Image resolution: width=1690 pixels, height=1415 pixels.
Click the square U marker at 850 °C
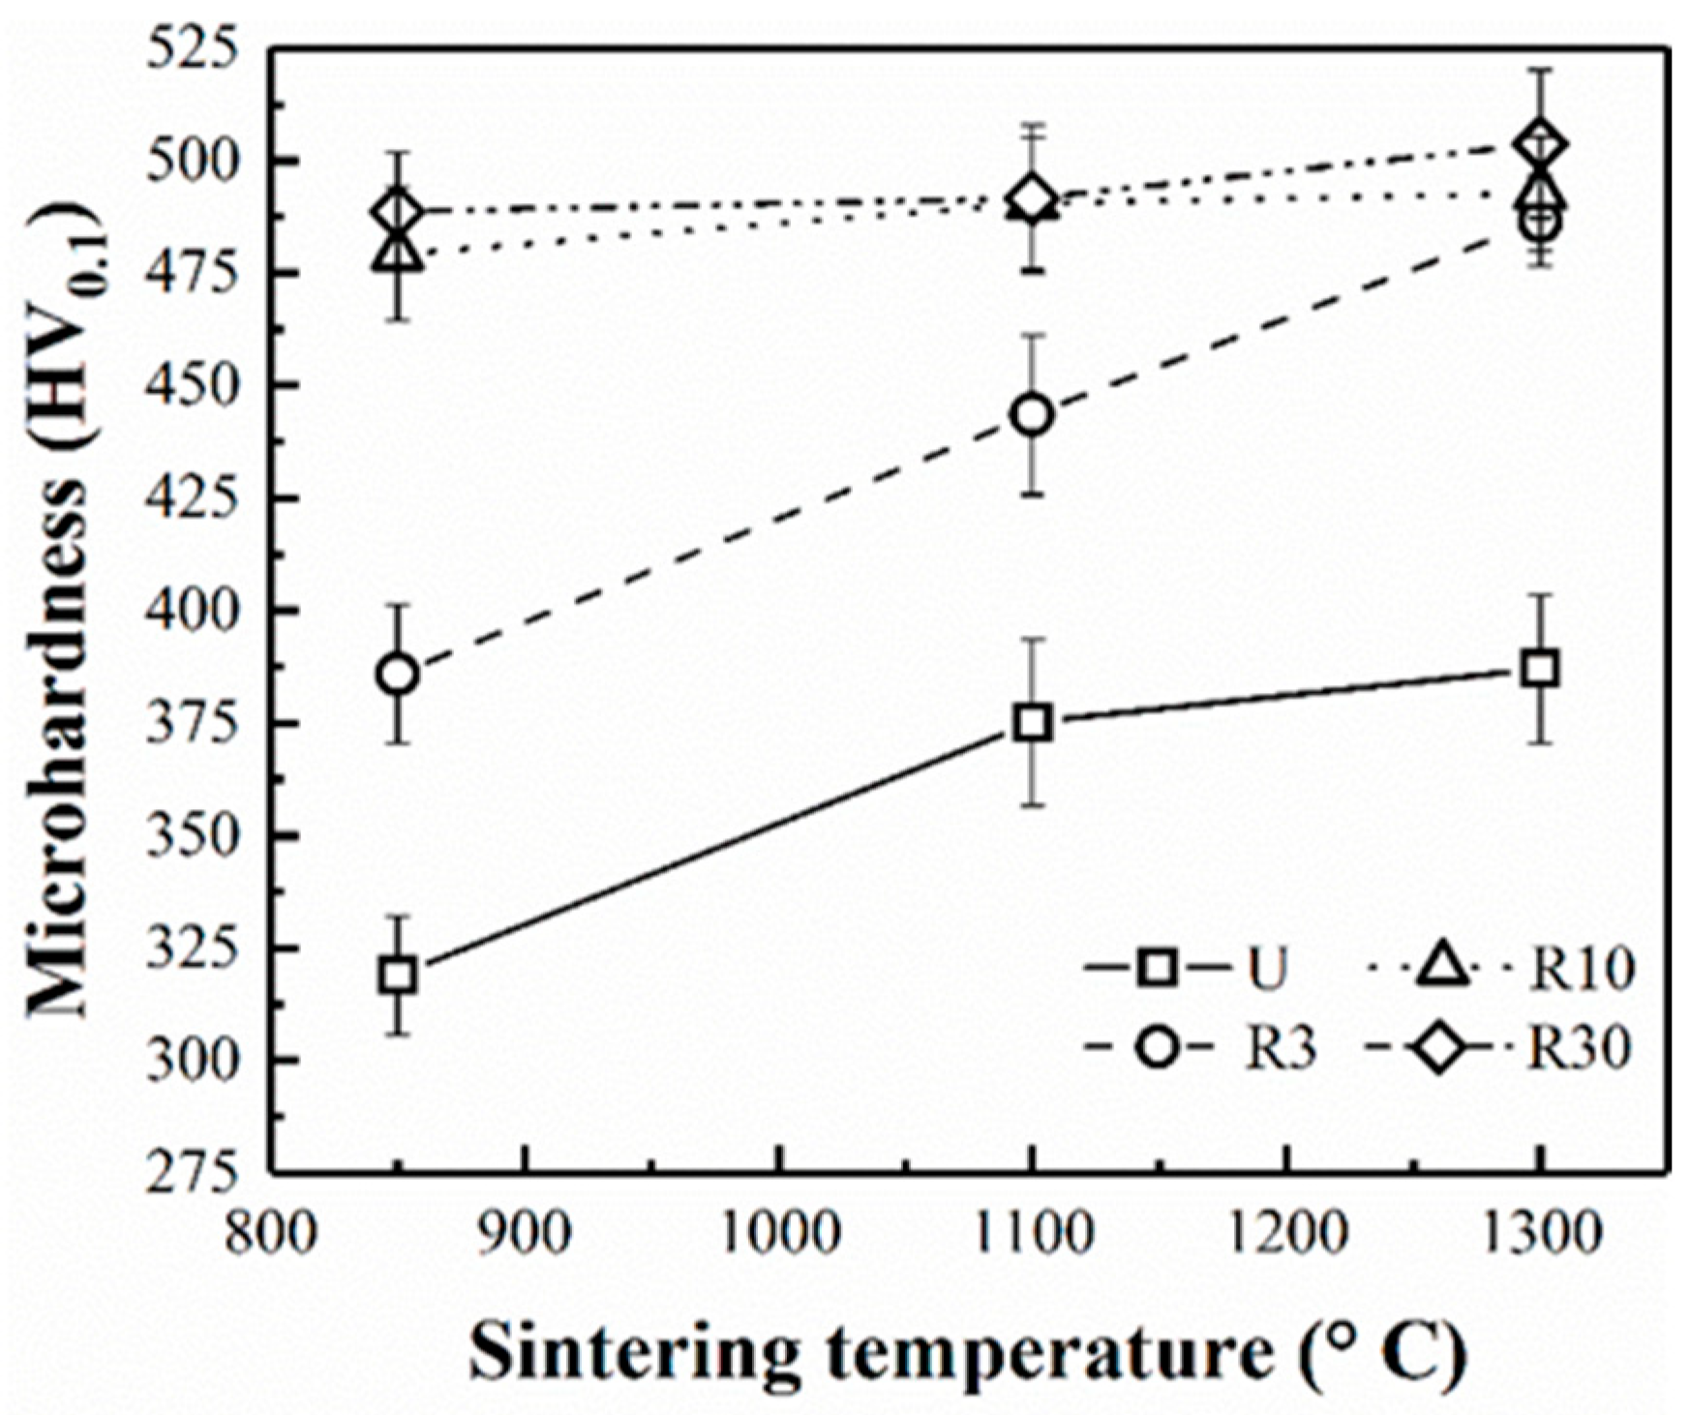[398, 976]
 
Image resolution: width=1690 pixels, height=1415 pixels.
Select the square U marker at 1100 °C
[1033, 723]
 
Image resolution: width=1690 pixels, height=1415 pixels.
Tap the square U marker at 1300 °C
[1539, 670]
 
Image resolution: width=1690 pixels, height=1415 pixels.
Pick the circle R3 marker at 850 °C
[398, 675]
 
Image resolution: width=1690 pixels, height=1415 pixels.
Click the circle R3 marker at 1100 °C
[1033, 415]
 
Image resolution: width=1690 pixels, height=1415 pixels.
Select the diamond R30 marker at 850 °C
[398, 211]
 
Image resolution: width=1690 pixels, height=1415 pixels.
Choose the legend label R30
[1579, 1049]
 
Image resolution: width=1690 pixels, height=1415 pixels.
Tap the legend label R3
[1280, 1049]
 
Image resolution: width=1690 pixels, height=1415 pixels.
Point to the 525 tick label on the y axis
[190, 48]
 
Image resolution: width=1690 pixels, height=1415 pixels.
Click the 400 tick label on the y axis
[190, 611]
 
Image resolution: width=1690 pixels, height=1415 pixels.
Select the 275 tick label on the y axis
[190, 1171]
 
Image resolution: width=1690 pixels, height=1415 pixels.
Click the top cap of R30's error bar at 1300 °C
[1539, 70]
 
